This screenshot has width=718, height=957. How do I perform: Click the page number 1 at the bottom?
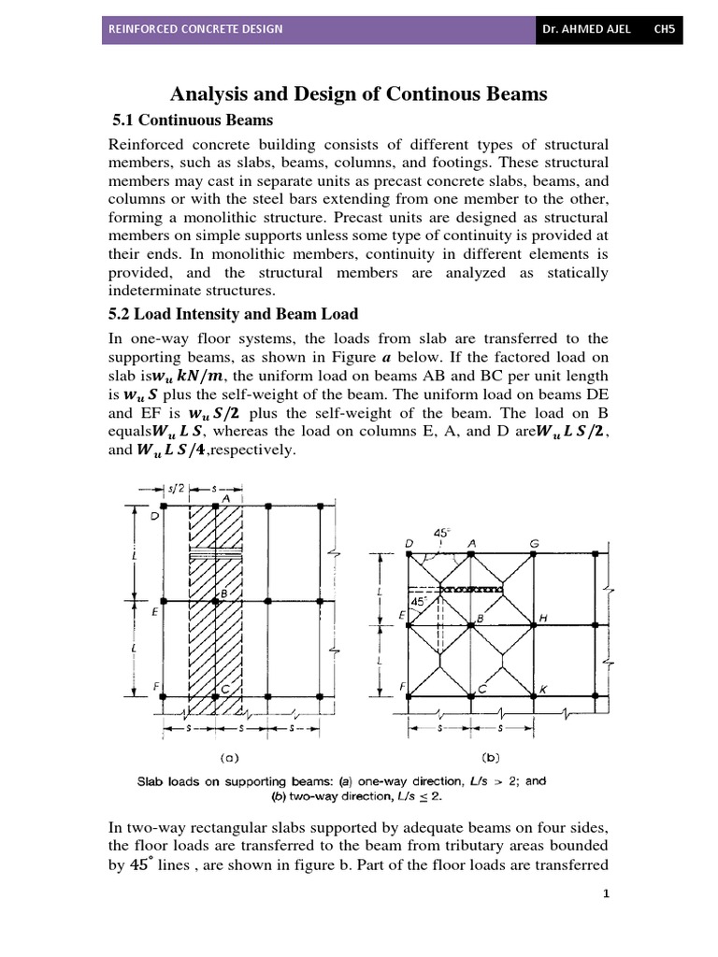[x=606, y=893]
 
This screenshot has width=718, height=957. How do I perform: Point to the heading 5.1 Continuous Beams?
[x=193, y=121]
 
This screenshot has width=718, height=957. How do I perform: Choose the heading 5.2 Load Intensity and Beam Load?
[x=235, y=314]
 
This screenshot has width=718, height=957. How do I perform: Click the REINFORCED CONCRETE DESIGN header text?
[x=195, y=29]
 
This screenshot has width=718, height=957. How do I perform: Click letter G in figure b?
[x=533, y=542]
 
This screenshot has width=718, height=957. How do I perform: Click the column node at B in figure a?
[x=216, y=601]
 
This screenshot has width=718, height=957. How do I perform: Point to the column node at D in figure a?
[x=163, y=506]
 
